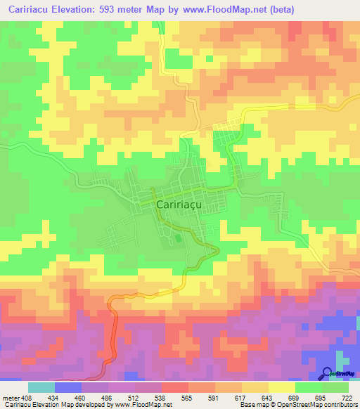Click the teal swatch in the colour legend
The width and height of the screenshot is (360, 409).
(41, 387)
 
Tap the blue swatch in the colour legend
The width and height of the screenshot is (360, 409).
(68, 387)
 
